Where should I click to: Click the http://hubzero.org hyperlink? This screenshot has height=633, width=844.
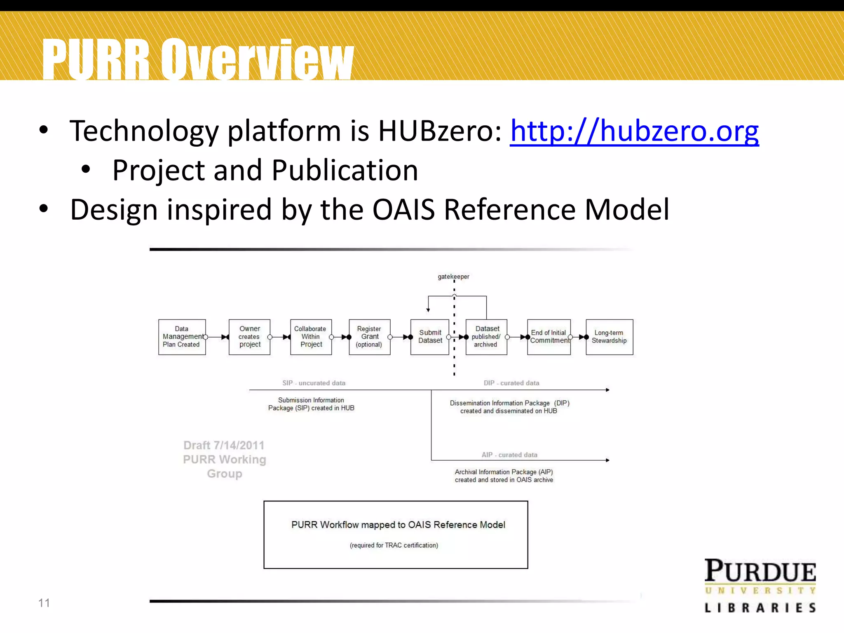tap(634, 131)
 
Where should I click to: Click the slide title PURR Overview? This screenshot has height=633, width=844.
tap(198, 59)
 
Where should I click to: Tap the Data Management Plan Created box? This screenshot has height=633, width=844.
tap(182, 337)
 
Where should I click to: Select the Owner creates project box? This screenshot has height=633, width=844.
tap(249, 337)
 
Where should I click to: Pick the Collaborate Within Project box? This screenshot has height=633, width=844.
tap(311, 337)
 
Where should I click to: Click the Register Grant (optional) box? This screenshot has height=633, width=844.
tap(369, 337)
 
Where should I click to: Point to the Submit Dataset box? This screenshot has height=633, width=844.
tap(429, 337)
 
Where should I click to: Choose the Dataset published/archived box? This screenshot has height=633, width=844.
tap(486, 337)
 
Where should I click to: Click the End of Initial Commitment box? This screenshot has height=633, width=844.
tap(549, 337)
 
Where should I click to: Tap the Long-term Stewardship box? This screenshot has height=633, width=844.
tap(609, 337)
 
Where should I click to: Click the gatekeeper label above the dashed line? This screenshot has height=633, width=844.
tap(453, 277)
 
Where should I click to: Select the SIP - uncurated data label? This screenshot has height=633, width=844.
tap(314, 383)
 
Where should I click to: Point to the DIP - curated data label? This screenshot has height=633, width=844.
tap(511, 383)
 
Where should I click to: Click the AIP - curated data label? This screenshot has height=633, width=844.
tap(509, 455)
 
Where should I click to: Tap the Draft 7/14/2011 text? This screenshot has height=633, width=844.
tap(224, 445)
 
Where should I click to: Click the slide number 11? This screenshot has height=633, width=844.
tap(44, 603)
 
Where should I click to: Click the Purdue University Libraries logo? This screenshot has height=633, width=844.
tap(760, 585)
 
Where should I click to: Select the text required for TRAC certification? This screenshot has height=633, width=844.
tap(394, 545)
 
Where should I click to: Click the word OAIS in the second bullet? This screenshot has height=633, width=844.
tap(403, 210)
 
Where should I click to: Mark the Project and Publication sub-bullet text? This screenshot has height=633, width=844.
tap(265, 170)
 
